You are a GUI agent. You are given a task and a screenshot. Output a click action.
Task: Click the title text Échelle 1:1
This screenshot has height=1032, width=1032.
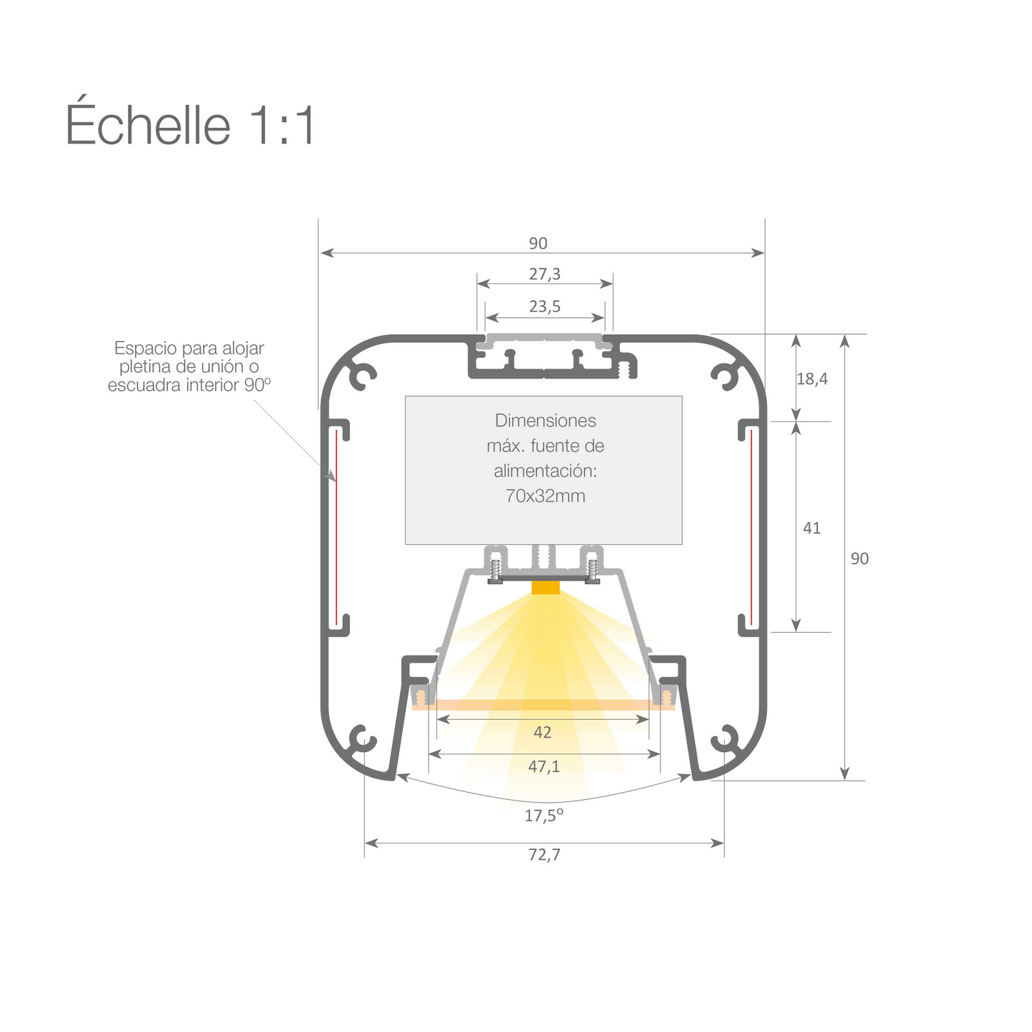click(190, 126)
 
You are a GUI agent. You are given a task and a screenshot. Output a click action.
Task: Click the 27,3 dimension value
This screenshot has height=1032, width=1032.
click(545, 274)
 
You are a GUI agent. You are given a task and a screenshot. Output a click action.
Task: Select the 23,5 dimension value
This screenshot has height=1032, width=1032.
click(545, 307)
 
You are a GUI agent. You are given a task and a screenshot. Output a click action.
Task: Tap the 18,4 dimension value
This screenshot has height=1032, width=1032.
click(812, 379)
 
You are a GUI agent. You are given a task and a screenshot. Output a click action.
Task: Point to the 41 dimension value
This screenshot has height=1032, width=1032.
click(812, 528)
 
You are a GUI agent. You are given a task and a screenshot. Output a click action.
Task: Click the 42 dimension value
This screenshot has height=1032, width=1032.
click(543, 733)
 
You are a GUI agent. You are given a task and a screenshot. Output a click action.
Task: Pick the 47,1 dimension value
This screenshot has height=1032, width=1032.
click(544, 767)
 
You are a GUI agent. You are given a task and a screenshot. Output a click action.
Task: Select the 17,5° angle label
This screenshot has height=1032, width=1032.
click(544, 816)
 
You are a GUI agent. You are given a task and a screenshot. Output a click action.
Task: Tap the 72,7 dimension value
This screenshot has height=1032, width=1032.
click(544, 855)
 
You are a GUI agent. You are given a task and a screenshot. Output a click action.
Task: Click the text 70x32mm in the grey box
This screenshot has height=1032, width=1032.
click(545, 496)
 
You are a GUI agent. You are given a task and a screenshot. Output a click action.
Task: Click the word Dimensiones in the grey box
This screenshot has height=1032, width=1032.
click(545, 421)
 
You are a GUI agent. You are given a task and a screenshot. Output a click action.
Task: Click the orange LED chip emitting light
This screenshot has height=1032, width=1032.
click(546, 588)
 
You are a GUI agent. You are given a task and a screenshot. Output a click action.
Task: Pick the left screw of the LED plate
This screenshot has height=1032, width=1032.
click(494, 570)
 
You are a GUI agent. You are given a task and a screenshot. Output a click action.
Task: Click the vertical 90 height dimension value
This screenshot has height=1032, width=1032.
click(860, 558)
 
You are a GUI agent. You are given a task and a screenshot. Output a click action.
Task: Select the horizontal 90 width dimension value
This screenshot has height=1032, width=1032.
click(538, 244)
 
